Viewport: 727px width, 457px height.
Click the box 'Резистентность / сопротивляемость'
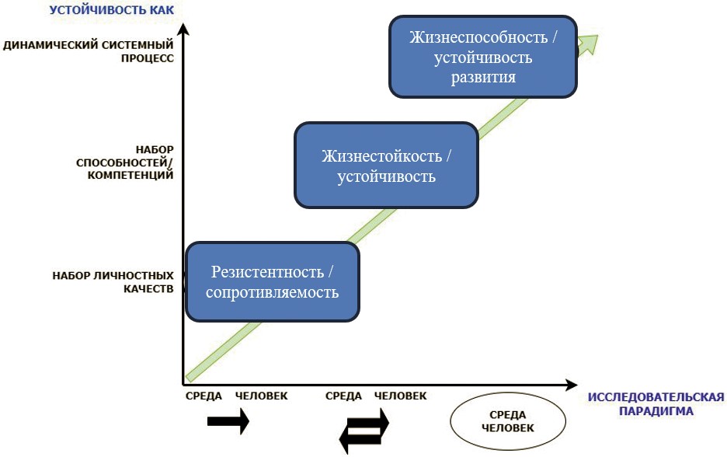pyautogui.click(x=273, y=281)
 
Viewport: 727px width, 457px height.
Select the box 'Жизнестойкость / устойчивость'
pyautogui.click(x=386, y=165)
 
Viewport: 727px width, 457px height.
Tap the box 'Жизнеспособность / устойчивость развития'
pyautogui.click(x=482, y=56)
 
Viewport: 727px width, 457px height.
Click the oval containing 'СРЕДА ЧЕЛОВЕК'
pyautogui.click(x=507, y=421)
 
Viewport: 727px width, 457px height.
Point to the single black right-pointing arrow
pyautogui.click(x=228, y=422)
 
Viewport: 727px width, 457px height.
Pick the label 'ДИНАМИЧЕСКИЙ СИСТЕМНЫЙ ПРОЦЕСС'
pyautogui.click(x=89, y=51)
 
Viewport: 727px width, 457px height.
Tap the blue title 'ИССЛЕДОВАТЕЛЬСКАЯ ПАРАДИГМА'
pyautogui.click(x=656, y=404)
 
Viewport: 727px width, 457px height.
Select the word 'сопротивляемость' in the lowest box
pyautogui.click(x=273, y=293)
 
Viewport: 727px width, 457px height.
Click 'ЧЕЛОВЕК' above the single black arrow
pyautogui.click(x=262, y=396)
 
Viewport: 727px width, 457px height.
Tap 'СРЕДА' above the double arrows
pyautogui.click(x=343, y=396)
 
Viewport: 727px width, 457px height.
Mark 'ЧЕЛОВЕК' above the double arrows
pyautogui.click(x=400, y=396)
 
